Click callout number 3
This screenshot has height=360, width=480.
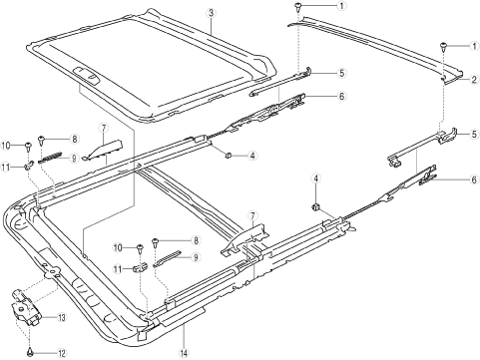click(x=211, y=13)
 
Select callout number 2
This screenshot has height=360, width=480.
click(x=474, y=80)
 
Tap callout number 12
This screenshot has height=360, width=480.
click(x=62, y=353)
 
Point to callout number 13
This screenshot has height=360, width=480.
click(x=62, y=317)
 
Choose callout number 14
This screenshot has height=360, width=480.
click(x=184, y=353)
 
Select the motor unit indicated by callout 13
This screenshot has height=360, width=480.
click(x=26, y=307)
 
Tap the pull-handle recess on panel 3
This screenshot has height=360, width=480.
click(x=86, y=75)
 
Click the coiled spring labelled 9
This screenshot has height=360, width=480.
click(x=50, y=158)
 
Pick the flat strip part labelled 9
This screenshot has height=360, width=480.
click(x=167, y=258)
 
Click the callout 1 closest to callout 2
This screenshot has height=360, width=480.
click(x=474, y=46)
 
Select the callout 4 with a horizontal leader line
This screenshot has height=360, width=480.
click(x=252, y=156)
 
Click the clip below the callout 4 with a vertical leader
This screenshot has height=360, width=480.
click(x=315, y=207)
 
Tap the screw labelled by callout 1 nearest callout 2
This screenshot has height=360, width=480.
click(x=443, y=46)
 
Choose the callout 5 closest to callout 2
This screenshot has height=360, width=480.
click(x=474, y=135)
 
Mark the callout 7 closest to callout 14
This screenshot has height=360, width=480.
click(x=252, y=216)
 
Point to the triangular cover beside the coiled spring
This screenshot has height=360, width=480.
click(x=104, y=150)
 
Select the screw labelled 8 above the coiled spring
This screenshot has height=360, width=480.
click(x=42, y=140)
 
